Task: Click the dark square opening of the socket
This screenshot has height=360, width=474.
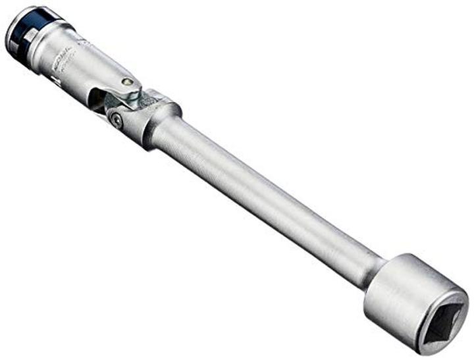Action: (x=442, y=322)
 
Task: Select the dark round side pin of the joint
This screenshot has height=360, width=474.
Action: (x=116, y=120)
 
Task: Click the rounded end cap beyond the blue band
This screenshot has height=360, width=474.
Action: (x=12, y=33)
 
